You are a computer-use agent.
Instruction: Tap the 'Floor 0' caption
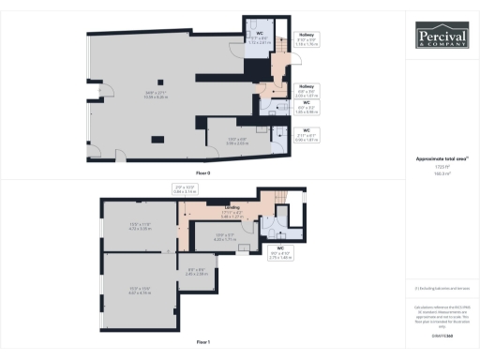point(202,173)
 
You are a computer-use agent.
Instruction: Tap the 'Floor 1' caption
point(202,343)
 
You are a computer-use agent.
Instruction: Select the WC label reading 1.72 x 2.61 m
point(258,40)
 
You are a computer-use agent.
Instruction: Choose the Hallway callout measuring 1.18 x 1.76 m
point(307,41)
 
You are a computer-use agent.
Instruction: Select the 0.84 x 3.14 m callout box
point(185,190)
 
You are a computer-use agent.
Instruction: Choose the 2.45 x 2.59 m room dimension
point(194,273)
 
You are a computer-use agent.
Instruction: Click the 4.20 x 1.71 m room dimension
point(225,237)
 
